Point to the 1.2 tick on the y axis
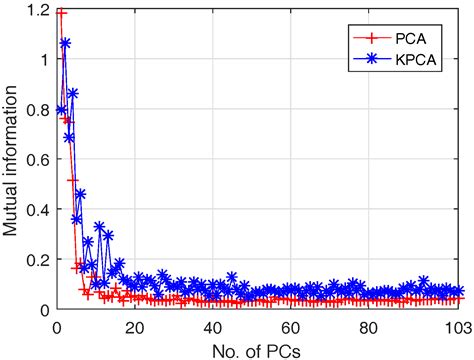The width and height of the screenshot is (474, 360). tap(37, 9)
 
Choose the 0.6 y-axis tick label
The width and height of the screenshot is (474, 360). tap(37, 160)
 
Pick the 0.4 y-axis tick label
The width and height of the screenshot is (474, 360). tap(37, 210)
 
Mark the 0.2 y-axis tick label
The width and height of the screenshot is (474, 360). tap(37, 260)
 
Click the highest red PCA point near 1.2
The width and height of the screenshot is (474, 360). tap(60, 13)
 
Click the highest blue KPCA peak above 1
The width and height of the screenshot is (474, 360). tap(65, 43)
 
